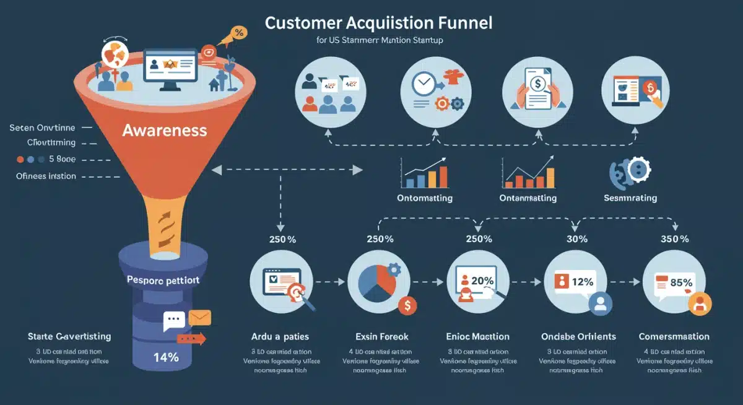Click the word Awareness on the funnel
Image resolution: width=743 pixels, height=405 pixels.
pos(164,131)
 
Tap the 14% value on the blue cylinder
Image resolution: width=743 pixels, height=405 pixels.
pos(165,357)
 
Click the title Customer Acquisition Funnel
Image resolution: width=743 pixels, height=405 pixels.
pos(379,24)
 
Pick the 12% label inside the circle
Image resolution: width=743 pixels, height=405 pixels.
pos(583,281)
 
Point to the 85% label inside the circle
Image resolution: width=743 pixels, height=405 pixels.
pos(681,282)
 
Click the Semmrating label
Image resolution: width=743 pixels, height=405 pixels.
pos(630,198)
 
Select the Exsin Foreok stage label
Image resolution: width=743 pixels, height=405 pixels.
pos(381,337)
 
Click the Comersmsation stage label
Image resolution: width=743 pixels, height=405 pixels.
pos(674,337)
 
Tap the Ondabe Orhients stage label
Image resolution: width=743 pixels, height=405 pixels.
pos(578,337)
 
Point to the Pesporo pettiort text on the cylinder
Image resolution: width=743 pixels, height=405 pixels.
pos(163,280)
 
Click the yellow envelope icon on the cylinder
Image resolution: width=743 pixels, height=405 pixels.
pos(200,318)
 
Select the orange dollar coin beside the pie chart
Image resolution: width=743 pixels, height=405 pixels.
pos(407,305)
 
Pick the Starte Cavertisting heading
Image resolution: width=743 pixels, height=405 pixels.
pos(69,337)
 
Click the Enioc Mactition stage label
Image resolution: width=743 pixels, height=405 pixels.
pos(478,337)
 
